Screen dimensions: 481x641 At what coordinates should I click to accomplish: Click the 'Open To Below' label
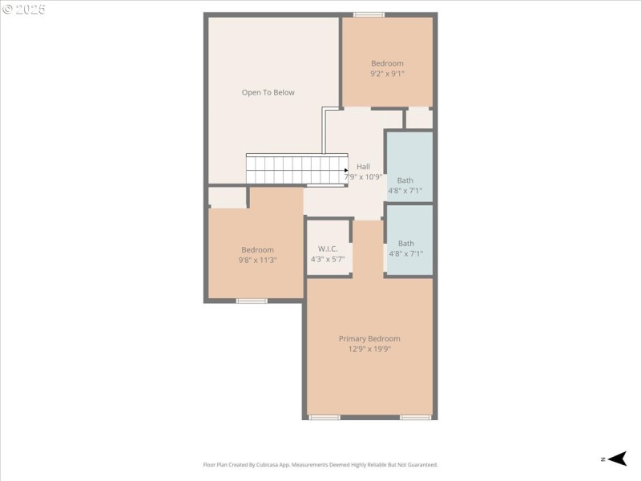click(x=268, y=92)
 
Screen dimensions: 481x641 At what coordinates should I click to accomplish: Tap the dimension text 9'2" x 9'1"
click(x=387, y=74)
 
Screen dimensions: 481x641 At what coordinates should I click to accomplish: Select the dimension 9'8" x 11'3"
click(x=257, y=260)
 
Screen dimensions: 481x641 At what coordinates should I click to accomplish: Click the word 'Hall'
click(x=363, y=167)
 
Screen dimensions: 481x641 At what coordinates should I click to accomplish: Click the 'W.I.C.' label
click(x=327, y=249)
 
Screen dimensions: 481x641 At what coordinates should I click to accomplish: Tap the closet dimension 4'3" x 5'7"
click(x=327, y=259)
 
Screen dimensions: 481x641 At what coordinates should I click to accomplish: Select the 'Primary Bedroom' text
click(x=369, y=338)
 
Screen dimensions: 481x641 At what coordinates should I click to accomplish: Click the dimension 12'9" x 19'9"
click(x=369, y=349)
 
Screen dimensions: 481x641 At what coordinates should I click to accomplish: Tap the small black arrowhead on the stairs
click(x=346, y=170)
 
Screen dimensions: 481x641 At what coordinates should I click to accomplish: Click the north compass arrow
click(x=616, y=459)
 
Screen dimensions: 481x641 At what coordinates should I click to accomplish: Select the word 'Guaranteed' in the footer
click(x=420, y=465)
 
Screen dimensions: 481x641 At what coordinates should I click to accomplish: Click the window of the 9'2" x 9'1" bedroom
click(x=369, y=14)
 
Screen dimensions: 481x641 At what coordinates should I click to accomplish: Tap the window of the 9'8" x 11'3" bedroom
click(x=252, y=301)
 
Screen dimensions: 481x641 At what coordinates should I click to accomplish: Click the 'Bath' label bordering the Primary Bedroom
click(x=406, y=243)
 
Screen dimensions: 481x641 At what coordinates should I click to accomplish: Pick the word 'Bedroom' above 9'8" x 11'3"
click(x=257, y=249)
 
